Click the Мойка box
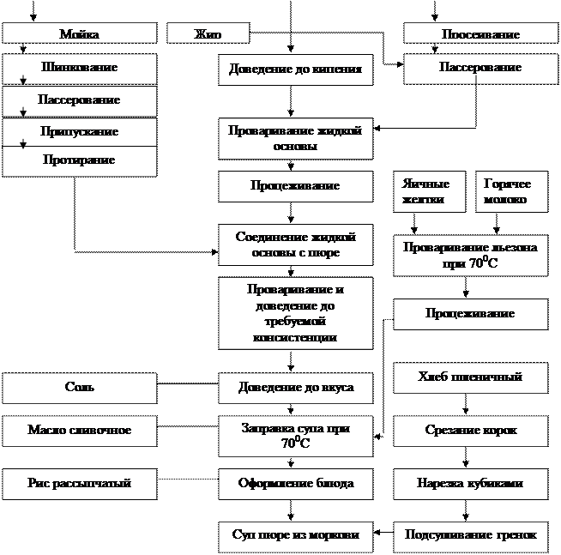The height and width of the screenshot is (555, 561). [79, 34]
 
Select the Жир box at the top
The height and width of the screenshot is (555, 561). [208, 34]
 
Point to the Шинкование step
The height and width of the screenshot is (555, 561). [79, 68]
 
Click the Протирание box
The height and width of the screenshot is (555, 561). [79, 161]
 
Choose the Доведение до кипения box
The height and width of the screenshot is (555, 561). [295, 69]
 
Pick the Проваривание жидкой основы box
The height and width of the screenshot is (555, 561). [295, 139]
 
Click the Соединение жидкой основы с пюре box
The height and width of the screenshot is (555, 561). [295, 244]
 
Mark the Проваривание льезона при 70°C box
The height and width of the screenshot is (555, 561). [470, 256]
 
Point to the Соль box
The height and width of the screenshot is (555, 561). [79, 388]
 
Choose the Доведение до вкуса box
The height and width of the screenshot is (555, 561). [295, 388]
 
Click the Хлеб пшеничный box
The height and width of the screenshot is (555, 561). [470, 377]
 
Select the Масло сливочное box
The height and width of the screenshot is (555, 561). [79, 430]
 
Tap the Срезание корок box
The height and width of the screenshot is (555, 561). [470, 431]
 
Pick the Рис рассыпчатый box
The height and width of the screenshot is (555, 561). [79, 484]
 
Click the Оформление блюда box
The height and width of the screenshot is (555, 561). [295, 484]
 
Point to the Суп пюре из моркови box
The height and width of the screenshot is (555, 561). [295, 536]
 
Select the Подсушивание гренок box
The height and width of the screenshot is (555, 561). [470, 536]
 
